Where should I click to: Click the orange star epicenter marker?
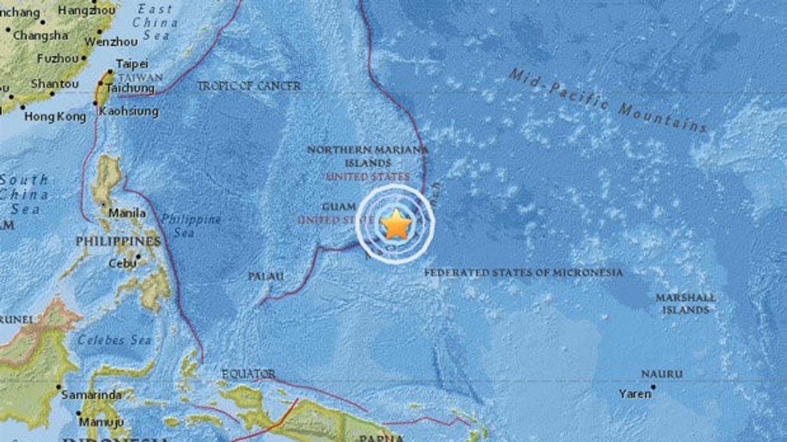[x=396, y=224]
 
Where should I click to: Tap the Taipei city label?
[x=132, y=64]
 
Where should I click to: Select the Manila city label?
[x=127, y=213]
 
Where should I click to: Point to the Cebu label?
[x=123, y=264]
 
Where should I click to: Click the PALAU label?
[x=265, y=276]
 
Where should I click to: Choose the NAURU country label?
[x=662, y=374]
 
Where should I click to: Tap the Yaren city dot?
[x=654, y=387]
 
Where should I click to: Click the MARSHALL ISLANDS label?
[x=686, y=304]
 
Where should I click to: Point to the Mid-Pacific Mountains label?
[x=608, y=101]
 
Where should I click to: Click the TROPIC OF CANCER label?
[x=248, y=86]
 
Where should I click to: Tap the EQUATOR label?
[x=248, y=374]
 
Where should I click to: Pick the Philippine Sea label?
[x=190, y=226]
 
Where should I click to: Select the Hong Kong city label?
[x=55, y=116]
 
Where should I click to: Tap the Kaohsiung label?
[x=128, y=112]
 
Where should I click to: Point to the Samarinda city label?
[x=91, y=395]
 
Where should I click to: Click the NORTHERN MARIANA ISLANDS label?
[x=367, y=156]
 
